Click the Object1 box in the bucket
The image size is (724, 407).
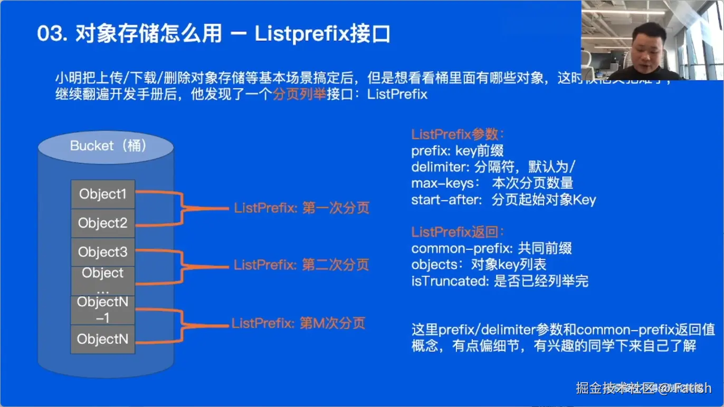(x=103, y=194)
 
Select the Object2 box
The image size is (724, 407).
(x=103, y=223)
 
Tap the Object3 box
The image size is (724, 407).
(x=103, y=252)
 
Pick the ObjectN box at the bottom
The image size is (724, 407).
(x=103, y=339)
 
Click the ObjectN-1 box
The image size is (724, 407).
(x=103, y=310)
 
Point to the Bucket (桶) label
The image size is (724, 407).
(x=108, y=146)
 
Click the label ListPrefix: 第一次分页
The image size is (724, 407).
(x=301, y=208)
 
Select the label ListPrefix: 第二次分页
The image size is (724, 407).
(x=301, y=265)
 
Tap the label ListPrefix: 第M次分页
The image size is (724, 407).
(x=298, y=323)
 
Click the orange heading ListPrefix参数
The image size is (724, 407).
(x=458, y=134)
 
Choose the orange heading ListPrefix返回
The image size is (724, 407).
(x=458, y=232)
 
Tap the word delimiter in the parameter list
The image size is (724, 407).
(x=437, y=167)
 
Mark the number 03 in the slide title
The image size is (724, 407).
(x=50, y=34)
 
